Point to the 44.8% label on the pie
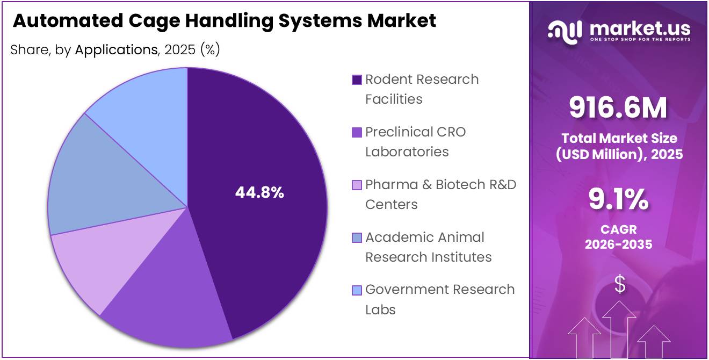click(259, 192)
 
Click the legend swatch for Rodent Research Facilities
click(357, 80)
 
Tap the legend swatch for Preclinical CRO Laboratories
click(357, 133)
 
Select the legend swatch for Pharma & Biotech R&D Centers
click(357, 185)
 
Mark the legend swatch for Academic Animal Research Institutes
click(357, 238)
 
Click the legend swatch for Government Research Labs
click(357, 291)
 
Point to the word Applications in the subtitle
click(115, 50)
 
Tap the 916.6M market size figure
click(618, 107)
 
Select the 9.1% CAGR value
click(618, 200)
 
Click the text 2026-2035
click(618, 244)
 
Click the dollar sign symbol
click(620, 284)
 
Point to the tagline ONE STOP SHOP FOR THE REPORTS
click(640, 40)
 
